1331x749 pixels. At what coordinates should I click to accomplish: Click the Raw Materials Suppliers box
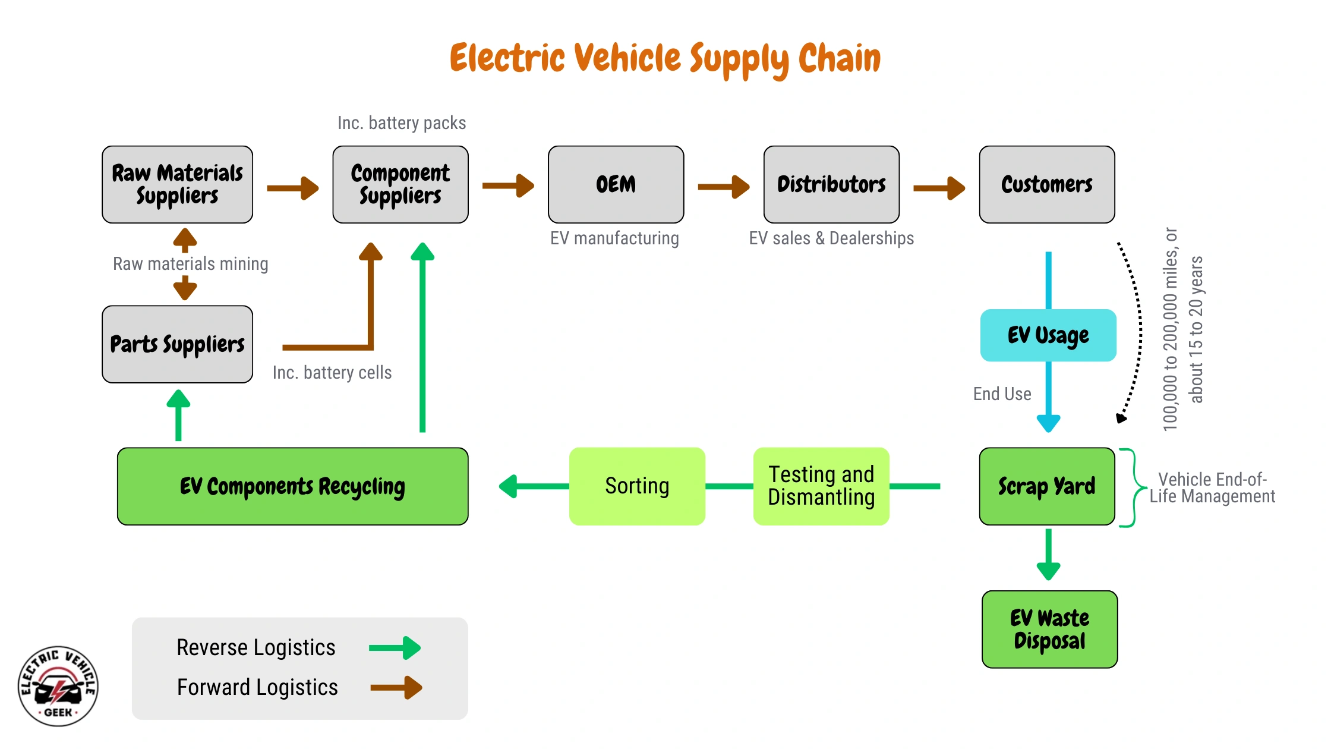[177, 184]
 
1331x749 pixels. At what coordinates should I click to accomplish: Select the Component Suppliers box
[400, 184]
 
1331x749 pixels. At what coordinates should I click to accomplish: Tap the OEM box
[616, 184]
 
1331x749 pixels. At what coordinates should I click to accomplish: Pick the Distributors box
[831, 184]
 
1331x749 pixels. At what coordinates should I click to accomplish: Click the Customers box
[1046, 184]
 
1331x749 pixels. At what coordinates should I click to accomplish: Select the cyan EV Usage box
[1048, 335]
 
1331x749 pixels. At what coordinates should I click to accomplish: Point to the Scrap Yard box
[1046, 486]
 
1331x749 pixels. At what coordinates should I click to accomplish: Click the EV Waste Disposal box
[1049, 629]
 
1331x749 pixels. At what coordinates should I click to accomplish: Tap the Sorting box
[637, 486]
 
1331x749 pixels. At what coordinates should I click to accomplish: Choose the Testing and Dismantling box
[821, 486]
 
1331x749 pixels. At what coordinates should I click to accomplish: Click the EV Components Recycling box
[292, 486]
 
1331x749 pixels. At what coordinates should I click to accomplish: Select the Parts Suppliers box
[177, 344]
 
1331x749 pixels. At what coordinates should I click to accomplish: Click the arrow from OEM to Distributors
[723, 187]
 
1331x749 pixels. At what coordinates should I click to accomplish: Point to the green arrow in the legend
[395, 648]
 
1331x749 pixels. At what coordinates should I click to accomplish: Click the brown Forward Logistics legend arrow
[396, 688]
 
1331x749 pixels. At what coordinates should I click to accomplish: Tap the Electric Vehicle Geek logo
[58, 686]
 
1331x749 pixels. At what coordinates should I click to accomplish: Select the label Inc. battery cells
[332, 373]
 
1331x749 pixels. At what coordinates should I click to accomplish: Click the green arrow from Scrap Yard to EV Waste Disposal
[1048, 554]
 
